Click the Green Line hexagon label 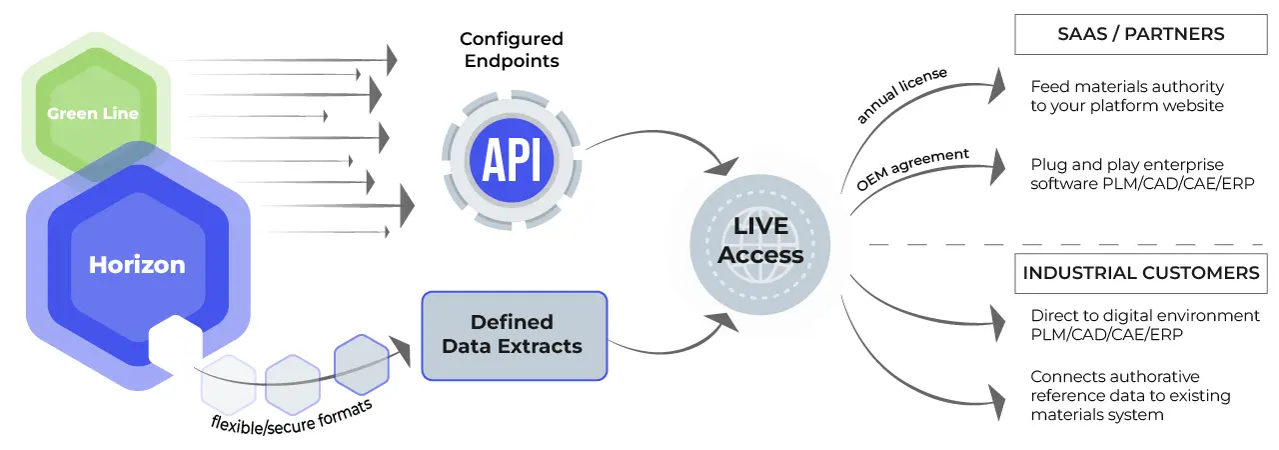pyautogui.click(x=93, y=113)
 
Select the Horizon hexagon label pyautogui.click(x=137, y=265)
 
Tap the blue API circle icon pyautogui.click(x=511, y=160)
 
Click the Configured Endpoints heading pyautogui.click(x=511, y=50)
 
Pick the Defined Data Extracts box pyautogui.click(x=514, y=335)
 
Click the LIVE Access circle pyautogui.click(x=760, y=241)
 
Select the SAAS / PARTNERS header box pyautogui.click(x=1140, y=34)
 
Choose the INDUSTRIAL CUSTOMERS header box pyautogui.click(x=1140, y=272)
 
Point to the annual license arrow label pyautogui.click(x=901, y=96)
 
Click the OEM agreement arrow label pyautogui.click(x=912, y=169)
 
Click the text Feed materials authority pyautogui.click(x=1126, y=87)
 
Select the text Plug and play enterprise pyautogui.click(x=1126, y=164)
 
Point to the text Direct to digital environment pyautogui.click(x=1145, y=316)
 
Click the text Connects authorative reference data pyautogui.click(x=1130, y=395)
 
